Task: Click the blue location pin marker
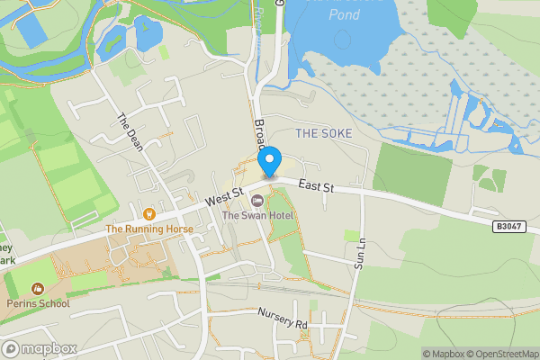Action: [268, 162]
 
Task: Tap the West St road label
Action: [224, 194]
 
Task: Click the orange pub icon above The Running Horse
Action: [149, 214]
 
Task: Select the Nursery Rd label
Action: [282, 317]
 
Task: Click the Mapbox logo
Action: [39, 348]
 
